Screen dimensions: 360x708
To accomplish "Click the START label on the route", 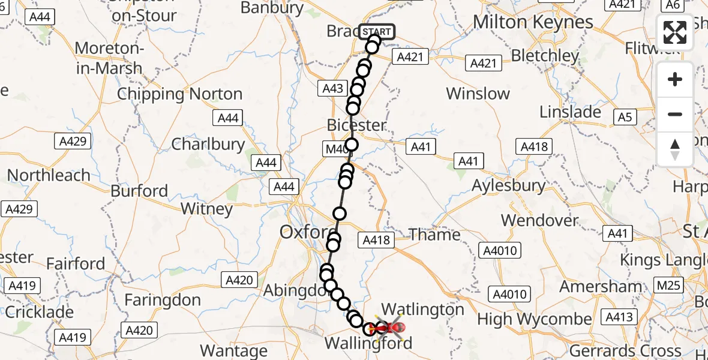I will (x=377, y=32).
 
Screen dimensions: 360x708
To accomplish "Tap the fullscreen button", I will (x=675, y=33).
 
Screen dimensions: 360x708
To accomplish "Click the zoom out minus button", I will (x=675, y=114).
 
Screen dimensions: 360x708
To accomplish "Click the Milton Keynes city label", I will (x=533, y=22).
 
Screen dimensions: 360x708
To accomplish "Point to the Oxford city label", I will (x=305, y=232).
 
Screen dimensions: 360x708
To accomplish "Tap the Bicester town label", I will (x=357, y=125).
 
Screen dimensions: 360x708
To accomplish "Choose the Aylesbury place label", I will (x=509, y=185).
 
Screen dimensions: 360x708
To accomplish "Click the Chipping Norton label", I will (x=179, y=94).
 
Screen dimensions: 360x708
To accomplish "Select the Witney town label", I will (x=206, y=209).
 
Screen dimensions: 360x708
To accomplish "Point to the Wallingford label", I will (x=368, y=344).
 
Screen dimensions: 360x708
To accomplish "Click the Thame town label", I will (x=435, y=235).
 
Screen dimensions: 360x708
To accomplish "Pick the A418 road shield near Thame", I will (x=376, y=241).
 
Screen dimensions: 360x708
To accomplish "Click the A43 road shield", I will (x=332, y=89).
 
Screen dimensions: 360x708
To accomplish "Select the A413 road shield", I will (x=619, y=318).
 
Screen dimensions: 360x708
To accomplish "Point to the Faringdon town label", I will (x=162, y=299).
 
